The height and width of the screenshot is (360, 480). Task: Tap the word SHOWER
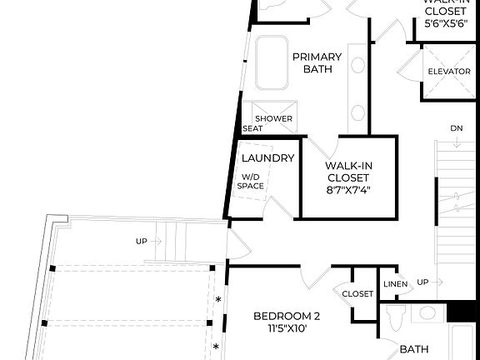(273, 118)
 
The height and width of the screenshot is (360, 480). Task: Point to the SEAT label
(252, 128)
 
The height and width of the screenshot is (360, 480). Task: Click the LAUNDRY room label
(267, 158)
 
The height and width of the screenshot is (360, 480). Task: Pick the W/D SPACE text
(250, 181)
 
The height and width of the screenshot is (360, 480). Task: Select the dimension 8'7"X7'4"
(347, 189)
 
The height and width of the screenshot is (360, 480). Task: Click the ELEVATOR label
(449, 72)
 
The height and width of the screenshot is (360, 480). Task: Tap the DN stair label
(456, 128)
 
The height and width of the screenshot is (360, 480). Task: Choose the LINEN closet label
(395, 283)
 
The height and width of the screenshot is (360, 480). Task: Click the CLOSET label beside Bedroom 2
(357, 293)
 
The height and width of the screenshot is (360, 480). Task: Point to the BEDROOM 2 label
(287, 316)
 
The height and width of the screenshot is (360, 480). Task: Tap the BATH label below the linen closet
(414, 349)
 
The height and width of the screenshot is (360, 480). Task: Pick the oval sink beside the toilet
(427, 313)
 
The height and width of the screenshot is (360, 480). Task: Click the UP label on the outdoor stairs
(142, 242)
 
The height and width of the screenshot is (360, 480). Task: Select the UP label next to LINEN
(422, 282)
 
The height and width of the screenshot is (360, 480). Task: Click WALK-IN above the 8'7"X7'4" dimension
(347, 165)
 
